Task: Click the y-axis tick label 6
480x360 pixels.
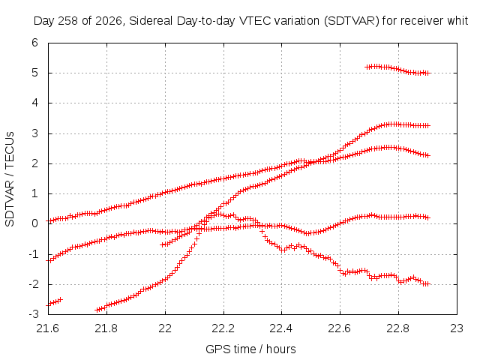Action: [x=34, y=43]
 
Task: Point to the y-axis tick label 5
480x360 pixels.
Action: [x=34, y=73]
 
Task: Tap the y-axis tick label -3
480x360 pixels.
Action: [x=33, y=314]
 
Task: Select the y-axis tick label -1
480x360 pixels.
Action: [x=33, y=254]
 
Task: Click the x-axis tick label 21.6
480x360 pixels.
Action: [x=48, y=328]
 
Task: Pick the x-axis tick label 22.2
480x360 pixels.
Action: [x=223, y=328]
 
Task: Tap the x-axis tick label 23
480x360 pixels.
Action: [x=457, y=328]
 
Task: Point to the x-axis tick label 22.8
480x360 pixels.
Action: [x=398, y=328]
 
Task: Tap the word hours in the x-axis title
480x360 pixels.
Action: [x=280, y=349]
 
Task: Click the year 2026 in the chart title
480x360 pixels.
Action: [x=109, y=21]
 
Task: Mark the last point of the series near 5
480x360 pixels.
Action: [x=428, y=73]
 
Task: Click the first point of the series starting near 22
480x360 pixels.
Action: [x=162, y=244]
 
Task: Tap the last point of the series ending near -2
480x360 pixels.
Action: [x=428, y=284]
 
